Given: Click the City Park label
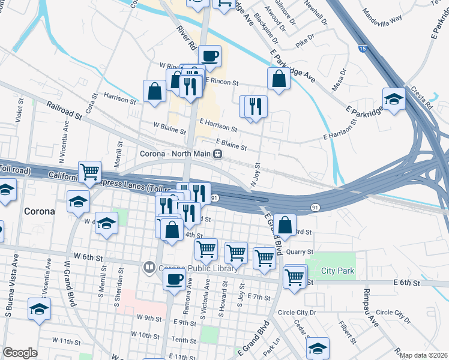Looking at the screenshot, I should click(337, 271).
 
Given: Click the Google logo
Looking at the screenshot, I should click(20, 353).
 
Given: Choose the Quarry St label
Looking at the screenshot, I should click(300, 253).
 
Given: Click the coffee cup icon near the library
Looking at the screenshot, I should click(175, 279).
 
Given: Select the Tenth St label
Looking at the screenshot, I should click(179, 340).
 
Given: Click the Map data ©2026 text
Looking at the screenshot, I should click(424, 355).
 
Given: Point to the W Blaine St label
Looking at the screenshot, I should click(167, 126).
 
